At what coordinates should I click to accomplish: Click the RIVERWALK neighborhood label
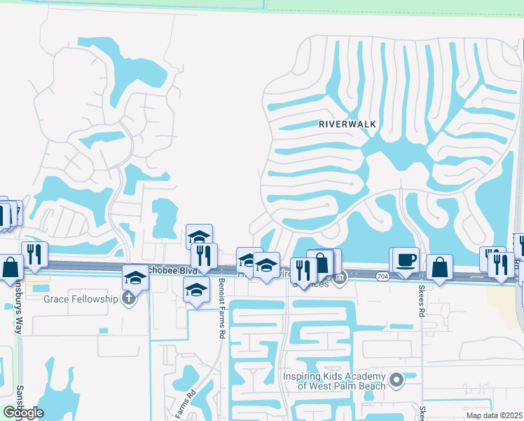(x=347, y=123)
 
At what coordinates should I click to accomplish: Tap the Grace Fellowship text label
(x=81, y=299)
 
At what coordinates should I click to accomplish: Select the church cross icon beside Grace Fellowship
(x=127, y=299)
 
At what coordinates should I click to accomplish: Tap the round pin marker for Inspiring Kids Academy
(x=397, y=380)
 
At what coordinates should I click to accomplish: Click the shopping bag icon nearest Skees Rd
(x=439, y=267)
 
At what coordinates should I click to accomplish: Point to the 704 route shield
(x=382, y=276)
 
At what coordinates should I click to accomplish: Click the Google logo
(x=23, y=412)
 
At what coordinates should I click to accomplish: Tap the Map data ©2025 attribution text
(x=494, y=415)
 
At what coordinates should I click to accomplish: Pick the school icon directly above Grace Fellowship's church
(x=135, y=278)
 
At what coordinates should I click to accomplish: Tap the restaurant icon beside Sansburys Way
(x=34, y=254)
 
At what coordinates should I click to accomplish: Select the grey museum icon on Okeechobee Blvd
(x=340, y=279)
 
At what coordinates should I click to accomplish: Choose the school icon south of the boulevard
(x=196, y=290)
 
